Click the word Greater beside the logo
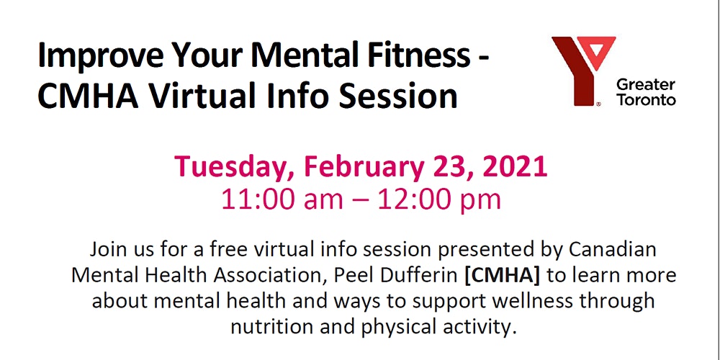[x=646, y=85]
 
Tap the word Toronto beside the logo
[x=646, y=100]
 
